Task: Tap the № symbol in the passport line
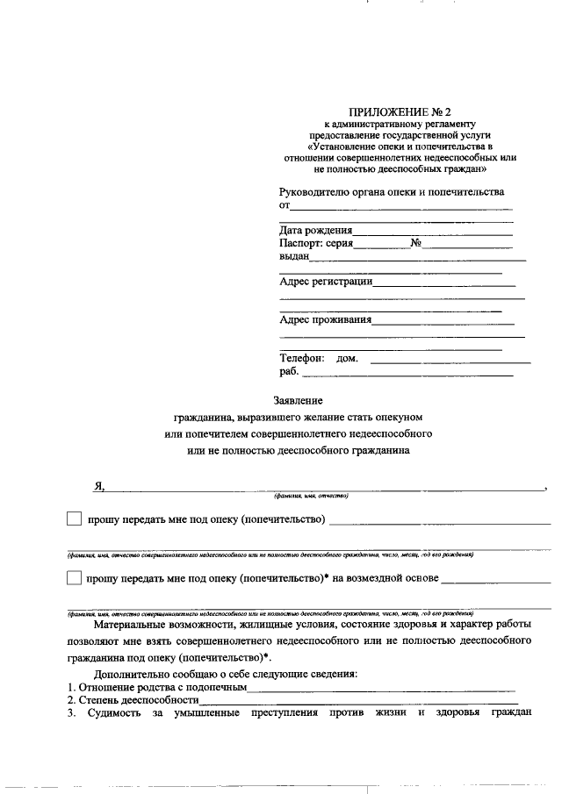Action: (416, 243)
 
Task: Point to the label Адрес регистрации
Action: (326, 282)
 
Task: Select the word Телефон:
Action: (302, 358)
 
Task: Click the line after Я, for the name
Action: (325, 490)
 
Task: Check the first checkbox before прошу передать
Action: (75, 519)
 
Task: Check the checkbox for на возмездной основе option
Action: (75, 578)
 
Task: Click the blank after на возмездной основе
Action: (496, 583)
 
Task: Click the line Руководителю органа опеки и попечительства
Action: (392, 191)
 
